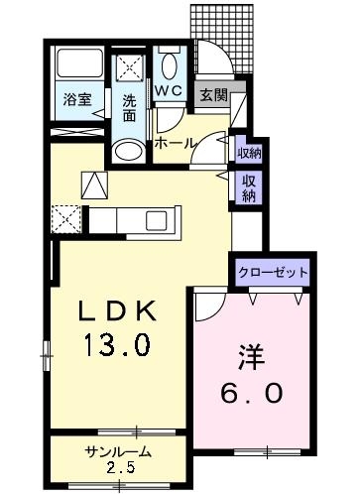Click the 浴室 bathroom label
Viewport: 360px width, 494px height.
click(77, 99)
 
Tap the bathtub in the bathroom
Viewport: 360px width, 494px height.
click(79, 62)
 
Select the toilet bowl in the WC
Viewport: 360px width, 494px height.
click(170, 66)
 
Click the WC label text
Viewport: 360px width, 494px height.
click(169, 90)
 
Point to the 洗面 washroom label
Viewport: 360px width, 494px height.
click(129, 108)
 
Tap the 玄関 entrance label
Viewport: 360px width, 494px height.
click(214, 95)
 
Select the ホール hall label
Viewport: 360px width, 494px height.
click(176, 143)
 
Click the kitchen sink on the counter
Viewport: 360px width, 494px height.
click(157, 220)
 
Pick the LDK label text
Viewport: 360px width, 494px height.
click(117, 310)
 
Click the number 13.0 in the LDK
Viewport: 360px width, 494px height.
click(117, 344)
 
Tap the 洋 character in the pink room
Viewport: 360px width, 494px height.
click(252, 357)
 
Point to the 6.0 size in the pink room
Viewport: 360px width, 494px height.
click(252, 393)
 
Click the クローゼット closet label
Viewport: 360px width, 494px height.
click(273, 273)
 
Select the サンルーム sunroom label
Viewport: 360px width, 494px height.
click(118, 451)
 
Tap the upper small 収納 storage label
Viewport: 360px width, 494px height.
click(249, 154)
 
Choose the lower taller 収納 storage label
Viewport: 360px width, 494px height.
click(249, 188)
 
